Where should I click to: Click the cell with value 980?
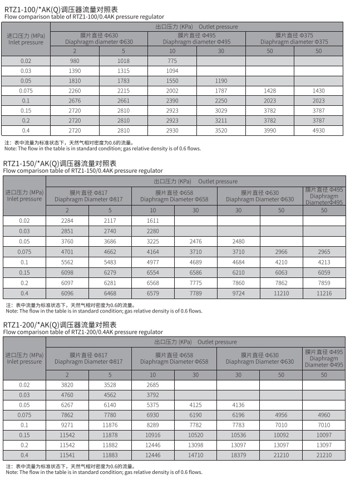point(75,61)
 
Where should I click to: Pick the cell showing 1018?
point(124,61)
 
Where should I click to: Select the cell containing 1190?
point(221,81)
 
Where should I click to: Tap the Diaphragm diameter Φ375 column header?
point(294,38)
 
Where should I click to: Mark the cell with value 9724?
point(239,293)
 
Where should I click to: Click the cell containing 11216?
point(324,293)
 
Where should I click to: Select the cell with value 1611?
point(152,221)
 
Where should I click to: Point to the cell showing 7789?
point(195,293)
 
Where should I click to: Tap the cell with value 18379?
point(239,455)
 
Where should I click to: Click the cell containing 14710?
point(195,455)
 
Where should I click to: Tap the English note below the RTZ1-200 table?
point(103,472)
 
